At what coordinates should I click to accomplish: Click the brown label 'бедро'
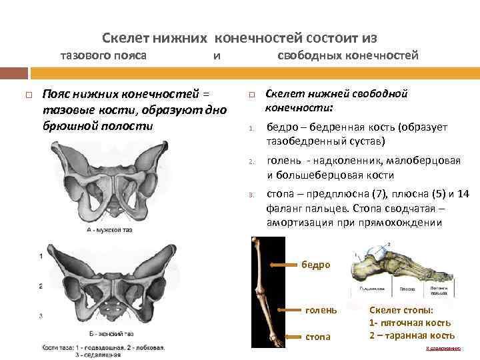click(316, 265)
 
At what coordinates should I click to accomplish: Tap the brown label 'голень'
click(321, 311)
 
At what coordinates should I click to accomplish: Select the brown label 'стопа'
click(318, 337)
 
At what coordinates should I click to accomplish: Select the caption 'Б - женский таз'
click(111, 333)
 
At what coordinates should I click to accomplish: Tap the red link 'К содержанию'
click(443, 348)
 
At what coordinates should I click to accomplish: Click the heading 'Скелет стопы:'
click(401, 311)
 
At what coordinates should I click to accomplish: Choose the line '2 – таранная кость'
click(412, 335)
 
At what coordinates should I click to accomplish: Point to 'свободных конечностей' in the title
click(347, 55)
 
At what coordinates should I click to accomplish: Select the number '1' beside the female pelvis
click(41, 256)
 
